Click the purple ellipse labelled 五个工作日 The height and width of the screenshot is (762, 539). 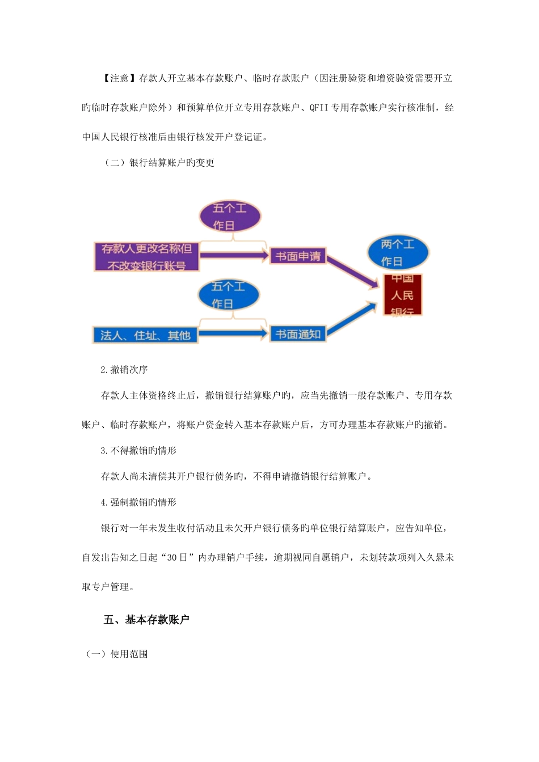pyautogui.click(x=230, y=217)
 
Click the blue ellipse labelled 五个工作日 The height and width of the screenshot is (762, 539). pyautogui.click(x=228, y=295)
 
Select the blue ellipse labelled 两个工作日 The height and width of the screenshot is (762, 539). pyautogui.click(x=397, y=253)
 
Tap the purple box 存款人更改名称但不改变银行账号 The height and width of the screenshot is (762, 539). pyautogui.click(x=146, y=256)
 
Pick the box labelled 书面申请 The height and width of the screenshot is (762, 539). pyautogui.click(x=297, y=256)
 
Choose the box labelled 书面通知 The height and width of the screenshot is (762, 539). pyautogui.click(x=297, y=334)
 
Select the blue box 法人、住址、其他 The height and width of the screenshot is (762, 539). pyautogui.click(x=145, y=335)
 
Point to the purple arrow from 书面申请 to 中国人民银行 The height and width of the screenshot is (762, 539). pyautogui.click(x=352, y=272)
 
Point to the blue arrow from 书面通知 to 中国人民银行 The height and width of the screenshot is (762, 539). pyautogui.click(x=352, y=319)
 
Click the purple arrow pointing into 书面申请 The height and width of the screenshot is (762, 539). pyautogui.click(x=234, y=256)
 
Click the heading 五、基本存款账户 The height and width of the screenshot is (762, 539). pyautogui.click(x=146, y=620)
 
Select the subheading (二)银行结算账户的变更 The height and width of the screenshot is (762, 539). pyautogui.click(x=159, y=163)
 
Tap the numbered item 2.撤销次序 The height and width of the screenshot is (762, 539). pyautogui.click(x=124, y=370)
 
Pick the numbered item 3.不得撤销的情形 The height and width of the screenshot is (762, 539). pyautogui.click(x=138, y=451)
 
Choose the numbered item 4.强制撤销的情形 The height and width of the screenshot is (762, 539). pyautogui.click(x=138, y=502)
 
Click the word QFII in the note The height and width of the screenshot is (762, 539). pyautogui.click(x=319, y=107)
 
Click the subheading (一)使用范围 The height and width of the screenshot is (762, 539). pyautogui.click(x=117, y=654)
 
